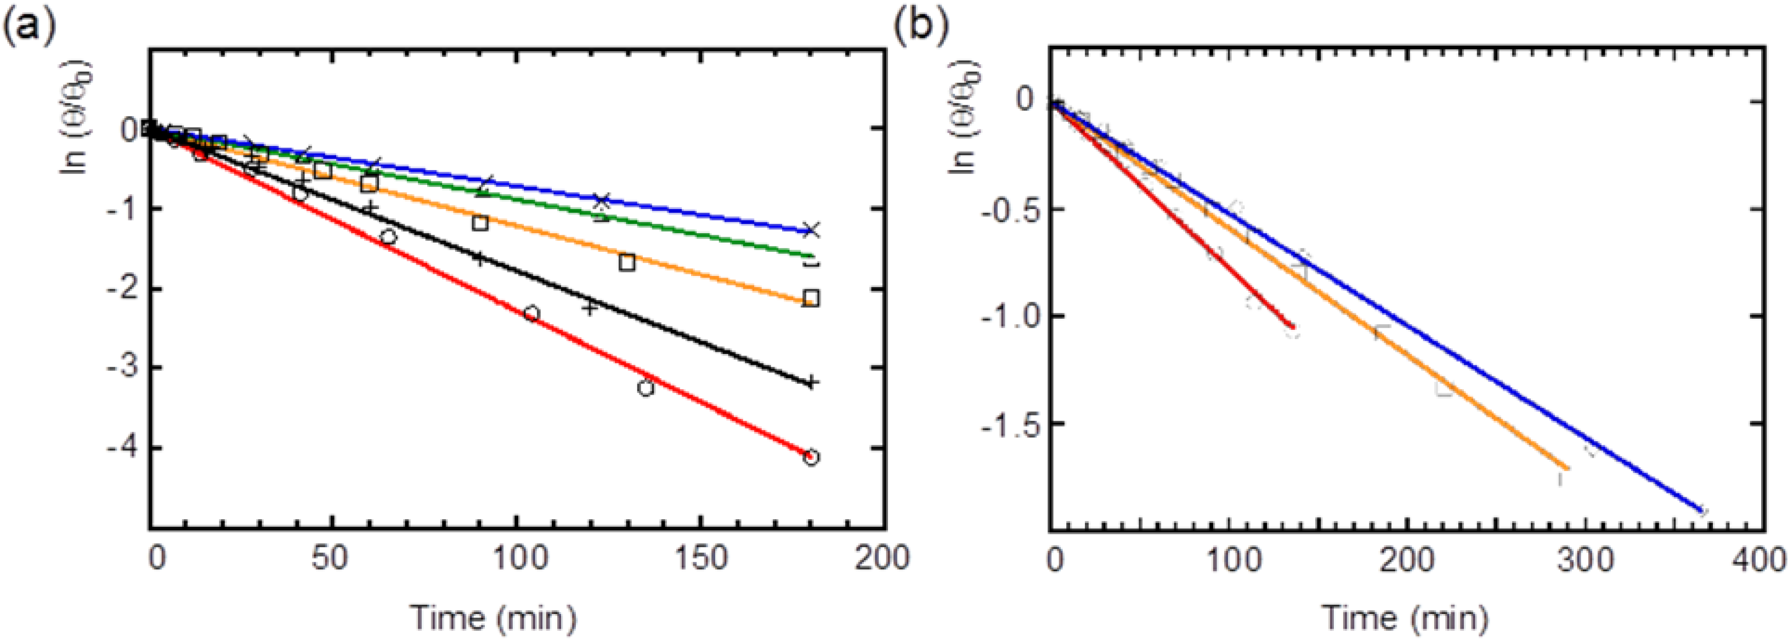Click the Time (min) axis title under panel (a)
pyautogui.click(x=494, y=617)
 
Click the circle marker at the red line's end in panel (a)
pyautogui.click(x=811, y=458)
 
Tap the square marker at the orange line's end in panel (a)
pyautogui.click(x=811, y=299)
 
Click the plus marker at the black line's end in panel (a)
pyautogui.click(x=811, y=382)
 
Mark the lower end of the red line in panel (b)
pyautogui.click(x=1292, y=327)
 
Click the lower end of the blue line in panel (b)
pyautogui.click(x=1701, y=511)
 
